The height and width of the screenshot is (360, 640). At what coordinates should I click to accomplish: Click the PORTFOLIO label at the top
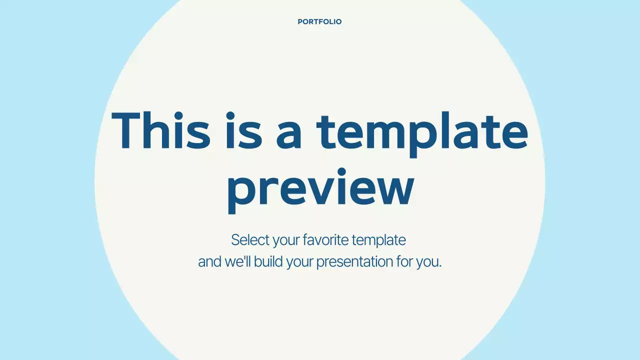(319, 22)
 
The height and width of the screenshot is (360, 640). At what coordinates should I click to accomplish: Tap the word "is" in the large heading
(243, 131)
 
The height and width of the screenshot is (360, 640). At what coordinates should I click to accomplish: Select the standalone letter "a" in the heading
(289, 135)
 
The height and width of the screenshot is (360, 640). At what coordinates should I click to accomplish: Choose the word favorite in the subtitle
(325, 240)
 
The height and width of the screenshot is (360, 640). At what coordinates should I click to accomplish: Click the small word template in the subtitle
(378, 240)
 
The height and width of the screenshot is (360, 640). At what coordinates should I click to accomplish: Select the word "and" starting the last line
(209, 261)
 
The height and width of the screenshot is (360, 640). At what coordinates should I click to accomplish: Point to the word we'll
(238, 261)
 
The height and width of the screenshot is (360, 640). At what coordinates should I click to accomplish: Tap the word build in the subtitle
(268, 261)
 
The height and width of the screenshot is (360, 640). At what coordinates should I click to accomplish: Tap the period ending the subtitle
(440, 266)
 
